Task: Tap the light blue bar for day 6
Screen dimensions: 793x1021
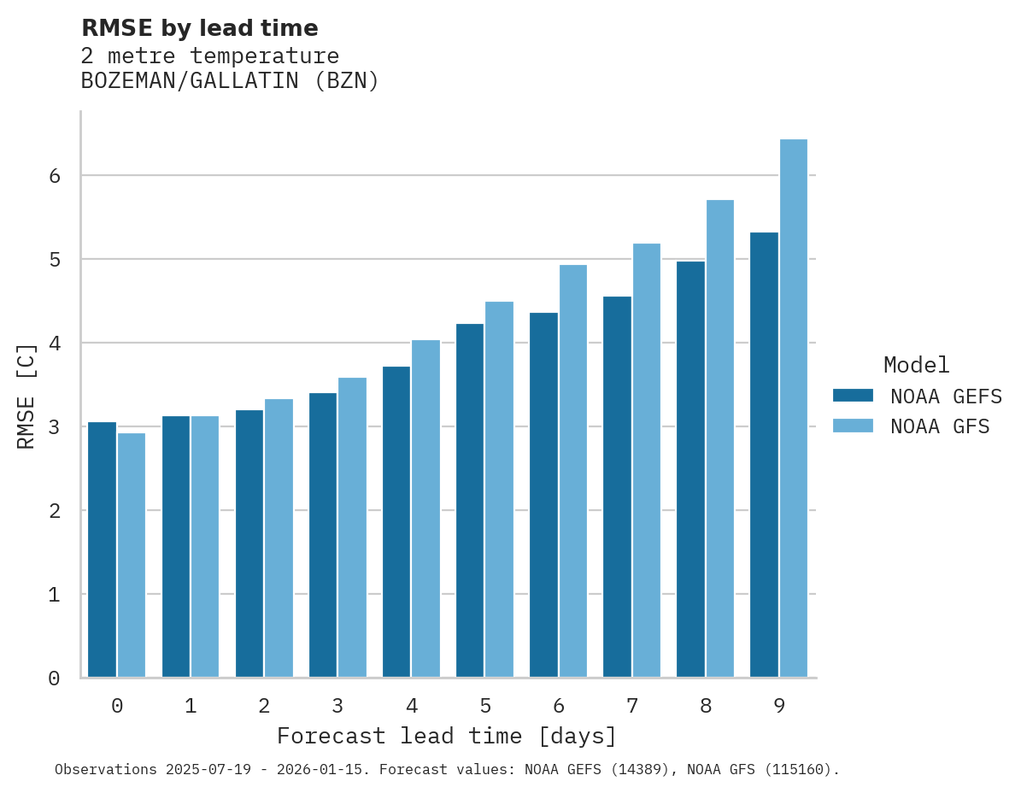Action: tap(572, 471)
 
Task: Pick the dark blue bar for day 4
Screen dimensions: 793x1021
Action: tap(396, 521)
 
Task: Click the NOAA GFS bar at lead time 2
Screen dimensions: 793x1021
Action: tap(279, 538)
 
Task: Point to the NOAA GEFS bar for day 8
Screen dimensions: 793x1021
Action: tap(690, 469)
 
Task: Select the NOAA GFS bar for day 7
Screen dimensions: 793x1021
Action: tap(646, 461)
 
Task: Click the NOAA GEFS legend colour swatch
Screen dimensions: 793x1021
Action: tap(853, 396)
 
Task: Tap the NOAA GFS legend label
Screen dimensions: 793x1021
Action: tap(940, 426)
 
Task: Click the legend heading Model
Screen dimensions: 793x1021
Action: tap(916, 365)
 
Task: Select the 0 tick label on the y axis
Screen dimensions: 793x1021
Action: tap(54, 678)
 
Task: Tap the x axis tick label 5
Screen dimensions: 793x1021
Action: tap(485, 706)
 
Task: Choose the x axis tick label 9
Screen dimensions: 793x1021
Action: tap(779, 706)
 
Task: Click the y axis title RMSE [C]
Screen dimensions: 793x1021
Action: tap(26, 396)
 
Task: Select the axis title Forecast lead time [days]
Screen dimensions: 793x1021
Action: tap(446, 736)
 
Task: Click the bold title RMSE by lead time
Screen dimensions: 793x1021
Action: tap(199, 28)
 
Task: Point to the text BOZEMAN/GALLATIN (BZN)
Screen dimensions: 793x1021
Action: tap(230, 81)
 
